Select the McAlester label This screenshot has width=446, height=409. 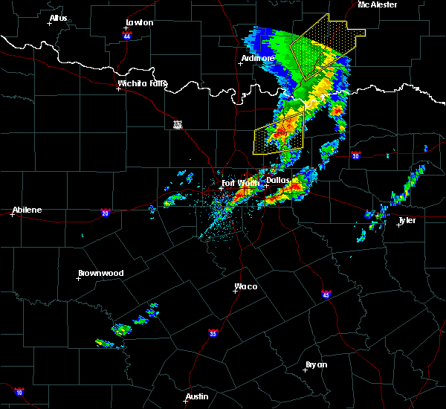377,4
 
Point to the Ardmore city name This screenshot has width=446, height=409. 258,58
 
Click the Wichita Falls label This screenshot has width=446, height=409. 142,83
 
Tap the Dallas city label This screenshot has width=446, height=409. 277,180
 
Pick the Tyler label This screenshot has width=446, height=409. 407,220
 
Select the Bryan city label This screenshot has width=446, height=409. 317,364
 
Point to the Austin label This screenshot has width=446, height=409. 196,396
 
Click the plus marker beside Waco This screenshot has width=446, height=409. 235,292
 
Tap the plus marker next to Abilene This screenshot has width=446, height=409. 13,215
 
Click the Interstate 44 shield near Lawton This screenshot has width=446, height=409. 127,35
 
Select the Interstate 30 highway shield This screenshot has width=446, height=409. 355,155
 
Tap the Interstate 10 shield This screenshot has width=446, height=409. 19,392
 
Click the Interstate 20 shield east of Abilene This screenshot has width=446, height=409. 104,212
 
